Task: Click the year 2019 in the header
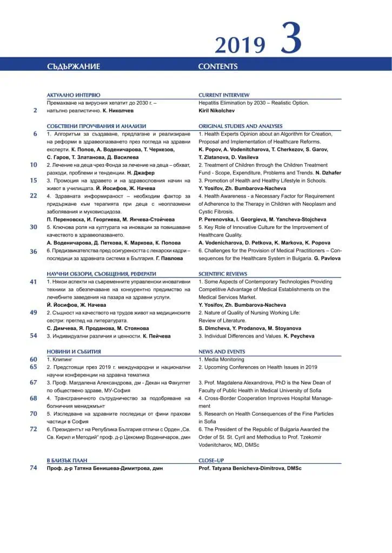click(240, 45)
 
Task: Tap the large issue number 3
click(290, 38)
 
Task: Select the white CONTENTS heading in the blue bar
click(217, 66)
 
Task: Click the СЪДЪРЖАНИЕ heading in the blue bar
click(74, 66)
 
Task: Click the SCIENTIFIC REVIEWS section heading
click(223, 274)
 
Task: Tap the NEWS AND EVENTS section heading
click(222, 352)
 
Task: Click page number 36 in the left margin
click(34, 251)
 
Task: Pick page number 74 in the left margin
click(34, 468)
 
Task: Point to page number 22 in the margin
click(34, 195)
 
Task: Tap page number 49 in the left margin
click(34, 312)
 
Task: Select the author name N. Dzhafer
click(325, 172)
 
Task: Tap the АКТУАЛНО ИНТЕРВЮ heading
click(74, 95)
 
